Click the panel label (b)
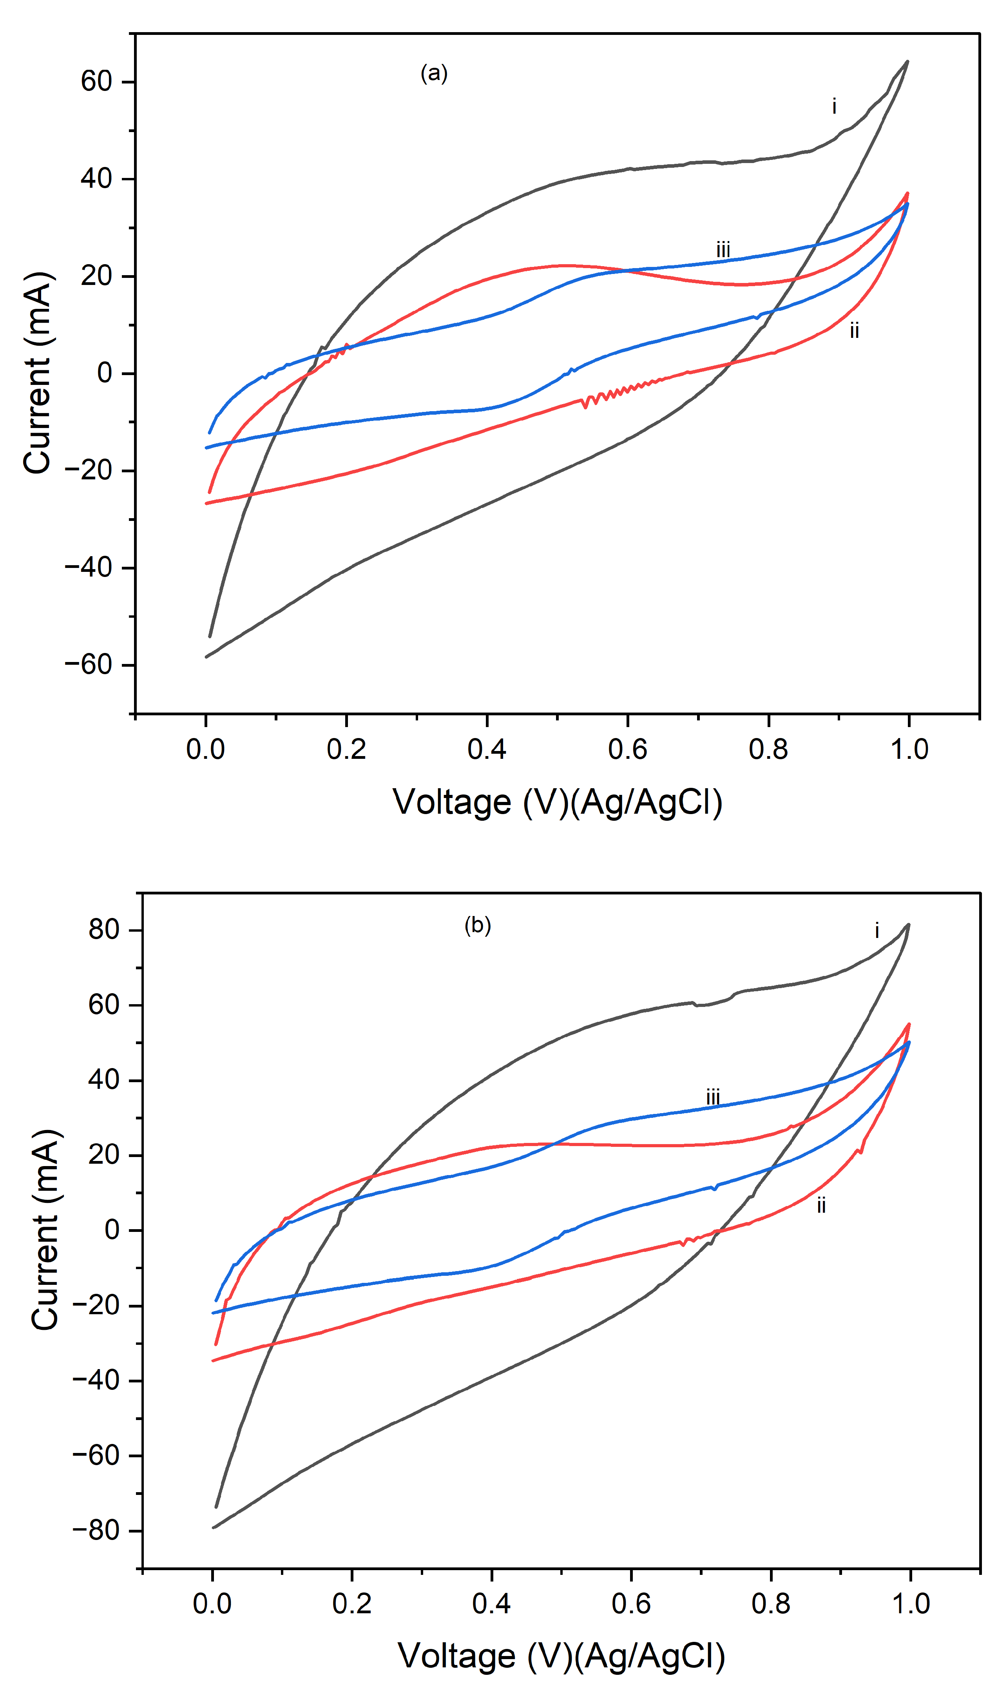[x=477, y=925]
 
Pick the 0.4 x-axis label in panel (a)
[x=487, y=749]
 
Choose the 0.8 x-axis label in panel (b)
[x=771, y=1603]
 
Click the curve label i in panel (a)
[x=834, y=107]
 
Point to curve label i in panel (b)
[x=877, y=930]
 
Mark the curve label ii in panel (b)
[x=821, y=1205]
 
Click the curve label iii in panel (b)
[x=712, y=1097]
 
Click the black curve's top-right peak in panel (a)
[x=907, y=62]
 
